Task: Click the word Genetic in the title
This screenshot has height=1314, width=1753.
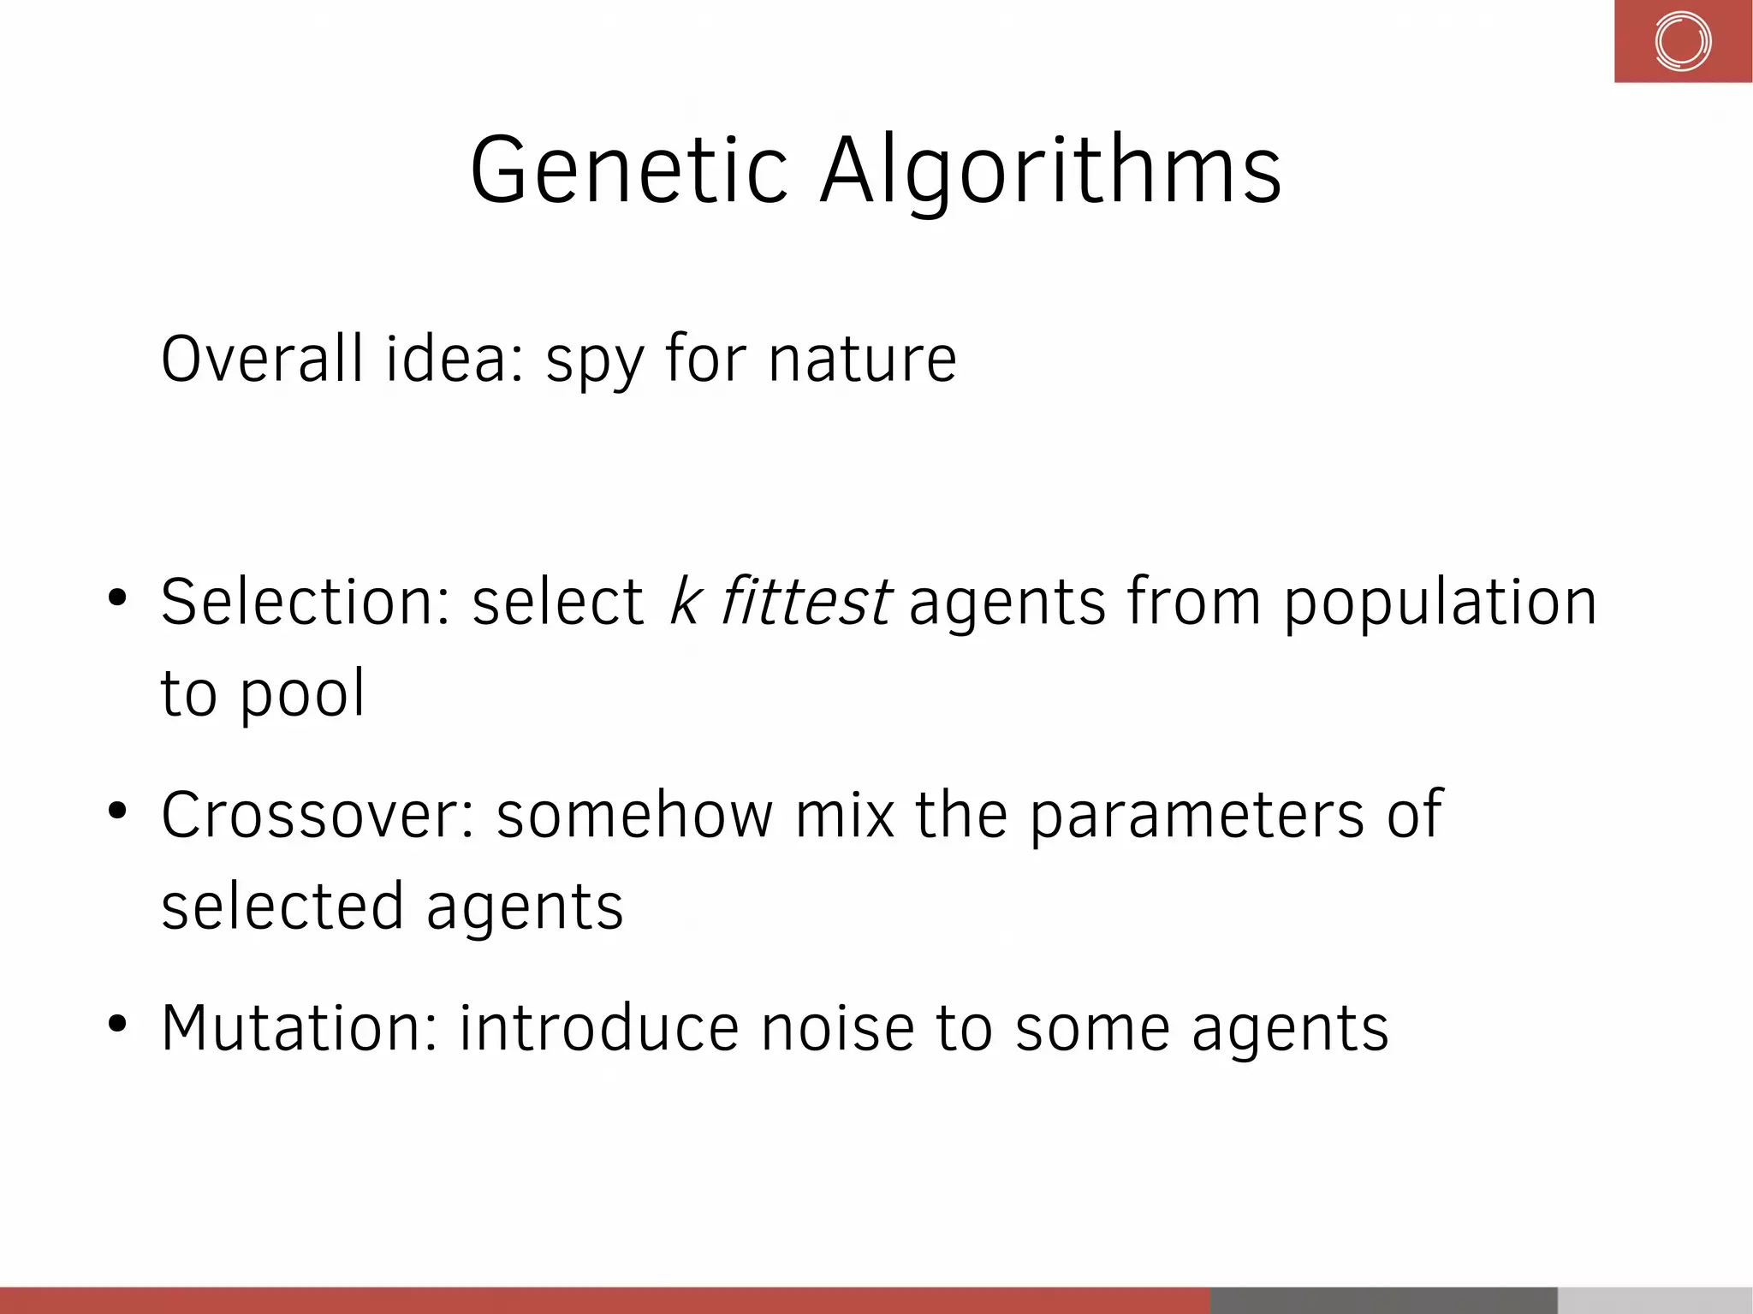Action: [627, 171]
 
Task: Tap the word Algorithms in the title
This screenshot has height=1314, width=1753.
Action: [1050, 171]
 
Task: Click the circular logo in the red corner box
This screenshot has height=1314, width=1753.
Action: [1682, 41]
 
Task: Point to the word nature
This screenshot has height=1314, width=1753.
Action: [862, 360]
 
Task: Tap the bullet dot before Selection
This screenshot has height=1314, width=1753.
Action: [117, 598]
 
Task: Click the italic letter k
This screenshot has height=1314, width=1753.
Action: [686, 601]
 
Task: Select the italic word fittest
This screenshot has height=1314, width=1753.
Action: [805, 601]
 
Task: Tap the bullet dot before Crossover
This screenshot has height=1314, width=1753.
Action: [117, 810]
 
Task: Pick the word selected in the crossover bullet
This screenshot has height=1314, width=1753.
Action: [282, 907]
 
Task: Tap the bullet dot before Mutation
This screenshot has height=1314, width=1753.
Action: [117, 1023]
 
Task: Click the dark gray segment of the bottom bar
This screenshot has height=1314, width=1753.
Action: [1382, 1299]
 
